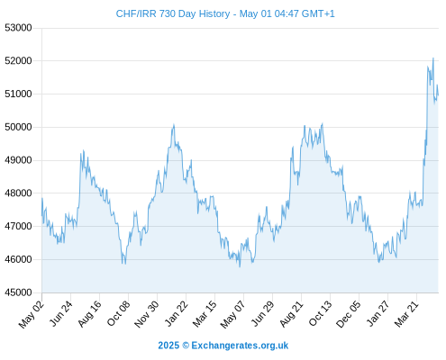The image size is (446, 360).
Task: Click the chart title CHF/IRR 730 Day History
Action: pos(173,13)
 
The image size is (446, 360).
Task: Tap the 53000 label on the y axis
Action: pos(18,28)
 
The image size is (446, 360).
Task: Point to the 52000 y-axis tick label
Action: pos(18,61)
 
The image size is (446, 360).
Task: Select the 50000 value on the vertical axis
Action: pos(18,127)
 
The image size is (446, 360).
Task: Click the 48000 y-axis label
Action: pos(18,193)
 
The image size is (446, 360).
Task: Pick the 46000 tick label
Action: pos(18,259)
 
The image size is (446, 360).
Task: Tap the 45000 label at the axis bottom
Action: pos(18,292)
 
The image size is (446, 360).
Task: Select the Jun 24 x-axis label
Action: pos(60,314)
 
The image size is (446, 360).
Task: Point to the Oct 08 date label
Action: pos(118,314)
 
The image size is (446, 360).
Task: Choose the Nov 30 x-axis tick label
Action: pos(147,314)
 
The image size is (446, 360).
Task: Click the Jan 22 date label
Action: pos(177,314)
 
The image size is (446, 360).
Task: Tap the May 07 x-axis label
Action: pos(232,314)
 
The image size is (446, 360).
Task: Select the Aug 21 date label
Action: pos(291,314)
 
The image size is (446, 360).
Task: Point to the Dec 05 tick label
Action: pos(349,314)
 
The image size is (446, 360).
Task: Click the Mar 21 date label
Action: pos(406,314)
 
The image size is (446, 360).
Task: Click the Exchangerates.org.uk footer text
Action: pos(240,346)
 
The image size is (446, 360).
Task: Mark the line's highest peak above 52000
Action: pos(433,58)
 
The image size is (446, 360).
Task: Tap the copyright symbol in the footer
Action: pos(186,346)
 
